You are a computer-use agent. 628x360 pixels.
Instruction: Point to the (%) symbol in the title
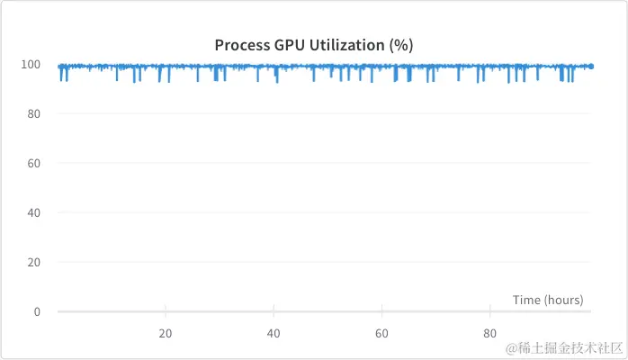[401, 45]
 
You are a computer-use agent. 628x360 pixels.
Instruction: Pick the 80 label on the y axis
[35, 114]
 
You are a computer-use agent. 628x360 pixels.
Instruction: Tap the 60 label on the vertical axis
[35, 164]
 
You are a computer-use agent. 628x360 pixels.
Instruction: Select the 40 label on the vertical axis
[35, 213]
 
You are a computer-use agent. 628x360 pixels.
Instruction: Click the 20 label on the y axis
[35, 263]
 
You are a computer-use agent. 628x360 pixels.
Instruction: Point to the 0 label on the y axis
[38, 312]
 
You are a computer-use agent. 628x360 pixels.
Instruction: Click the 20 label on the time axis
[166, 333]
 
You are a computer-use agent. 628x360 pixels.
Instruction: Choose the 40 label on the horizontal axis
[274, 333]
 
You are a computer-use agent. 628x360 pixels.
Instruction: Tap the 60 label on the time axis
[381, 333]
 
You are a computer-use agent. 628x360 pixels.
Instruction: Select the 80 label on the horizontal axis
[489, 333]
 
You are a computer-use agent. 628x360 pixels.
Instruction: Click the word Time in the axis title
[526, 300]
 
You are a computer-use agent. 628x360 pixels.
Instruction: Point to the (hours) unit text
[563, 300]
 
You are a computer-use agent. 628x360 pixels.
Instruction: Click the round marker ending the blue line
[591, 66]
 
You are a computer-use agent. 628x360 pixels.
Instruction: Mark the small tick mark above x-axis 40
[274, 309]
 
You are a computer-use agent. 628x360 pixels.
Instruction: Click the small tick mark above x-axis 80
[489, 309]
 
